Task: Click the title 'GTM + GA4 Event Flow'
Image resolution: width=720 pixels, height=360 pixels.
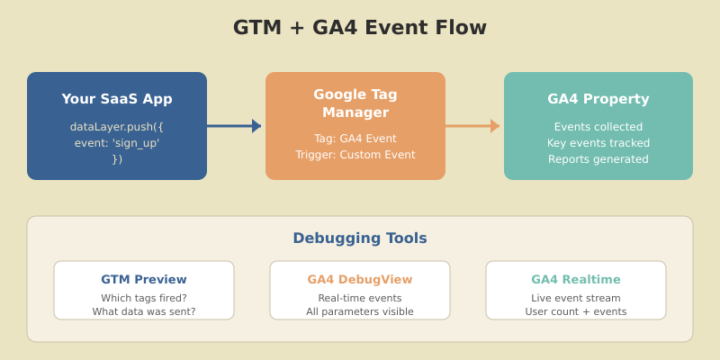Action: pyautogui.click(x=360, y=28)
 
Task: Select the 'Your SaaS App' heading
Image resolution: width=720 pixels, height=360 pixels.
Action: pyautogui.click(x=117, y=99)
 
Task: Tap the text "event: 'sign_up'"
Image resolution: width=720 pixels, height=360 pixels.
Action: pyautogui.click(x=117, y=143)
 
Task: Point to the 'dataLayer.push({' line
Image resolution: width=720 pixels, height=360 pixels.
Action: pyautogui.click(x=117, y=127)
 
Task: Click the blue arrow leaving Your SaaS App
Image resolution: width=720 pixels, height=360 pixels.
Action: pyautogui.click(x=234, y=126)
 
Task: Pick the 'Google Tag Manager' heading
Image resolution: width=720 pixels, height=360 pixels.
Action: pyautogui.click(x=355, y=103)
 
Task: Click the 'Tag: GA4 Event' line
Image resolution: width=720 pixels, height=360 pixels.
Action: pyautogui.click(x=355, y=139)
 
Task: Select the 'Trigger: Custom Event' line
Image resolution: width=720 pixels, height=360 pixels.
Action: pyautogui.click(x=355, y=155)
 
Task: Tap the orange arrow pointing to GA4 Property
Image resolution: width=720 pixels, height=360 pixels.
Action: pyautogui.click(x=472, y=126)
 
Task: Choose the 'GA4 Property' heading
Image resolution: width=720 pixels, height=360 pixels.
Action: pyautogui.click(x=598, y=99)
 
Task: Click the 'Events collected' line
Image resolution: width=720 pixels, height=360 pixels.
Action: pyautogui.click(x=598, y=127)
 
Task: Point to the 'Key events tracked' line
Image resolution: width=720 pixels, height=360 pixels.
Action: pyautogui.click(x=598, y=143)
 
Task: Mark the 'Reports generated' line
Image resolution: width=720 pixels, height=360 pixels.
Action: pyautogui.click(x=598, y=159)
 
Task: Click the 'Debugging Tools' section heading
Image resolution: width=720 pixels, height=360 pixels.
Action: pyautogui.click(x=360, y=238)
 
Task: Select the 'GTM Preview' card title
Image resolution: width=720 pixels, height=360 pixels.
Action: pyautogui.click(x=144, y=279)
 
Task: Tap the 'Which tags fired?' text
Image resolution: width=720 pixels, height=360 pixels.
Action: pyautogui.click(x=144, y=298)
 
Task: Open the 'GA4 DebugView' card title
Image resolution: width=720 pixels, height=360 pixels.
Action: pyautogui.click(x=360, y=279)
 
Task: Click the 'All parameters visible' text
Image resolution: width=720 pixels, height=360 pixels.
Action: pyautogui.click(x=360, y=312)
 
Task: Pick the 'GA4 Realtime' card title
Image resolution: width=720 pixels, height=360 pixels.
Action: pyautogui.click(x=576, y=279)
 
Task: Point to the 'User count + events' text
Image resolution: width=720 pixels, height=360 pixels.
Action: pyautogui.click(x=576, y=312)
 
